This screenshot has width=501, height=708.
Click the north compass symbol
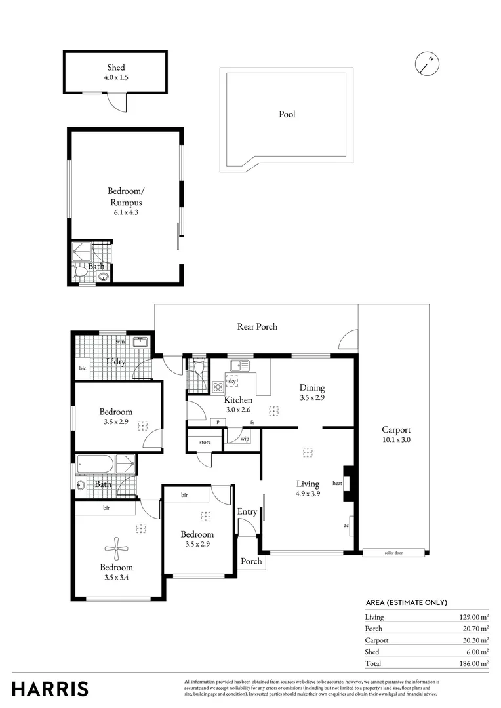427,64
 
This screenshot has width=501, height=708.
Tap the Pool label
287,114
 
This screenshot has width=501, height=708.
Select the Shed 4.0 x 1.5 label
116,72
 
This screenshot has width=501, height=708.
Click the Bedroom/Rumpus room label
125,202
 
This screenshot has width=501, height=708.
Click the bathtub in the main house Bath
96,464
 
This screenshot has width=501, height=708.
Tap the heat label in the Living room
338,483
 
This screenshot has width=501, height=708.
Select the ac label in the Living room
346,526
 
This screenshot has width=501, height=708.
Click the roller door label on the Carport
393,553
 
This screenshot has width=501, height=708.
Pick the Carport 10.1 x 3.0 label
396,435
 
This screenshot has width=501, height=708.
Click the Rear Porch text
257,326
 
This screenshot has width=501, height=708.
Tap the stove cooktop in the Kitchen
218,387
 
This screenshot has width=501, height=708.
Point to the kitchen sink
239,365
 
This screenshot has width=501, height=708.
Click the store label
205,442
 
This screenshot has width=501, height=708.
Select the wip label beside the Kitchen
245,439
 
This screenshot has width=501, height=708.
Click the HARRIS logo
50,689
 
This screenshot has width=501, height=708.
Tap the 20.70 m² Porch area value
473,628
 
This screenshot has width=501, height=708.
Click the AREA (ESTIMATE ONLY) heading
406,603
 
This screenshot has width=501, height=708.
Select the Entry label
247,511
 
